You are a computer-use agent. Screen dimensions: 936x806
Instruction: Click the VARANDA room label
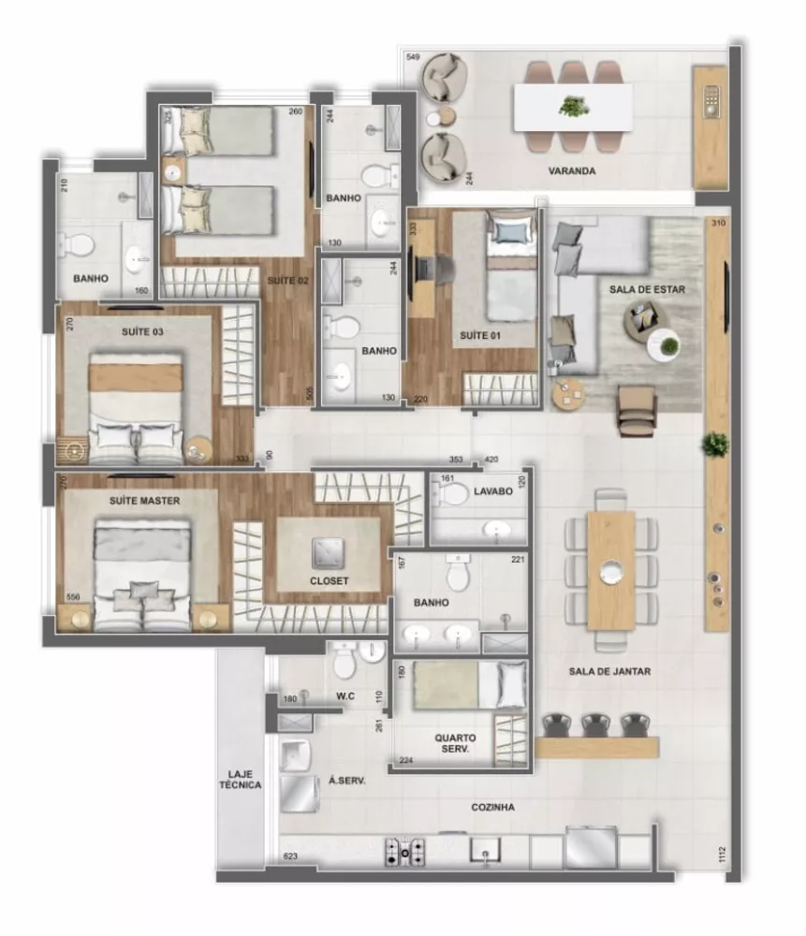tap(573, 172)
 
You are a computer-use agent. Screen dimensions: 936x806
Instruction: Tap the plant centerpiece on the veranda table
tap(573, 106)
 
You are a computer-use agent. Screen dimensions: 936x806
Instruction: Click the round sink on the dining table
tap(610, 569)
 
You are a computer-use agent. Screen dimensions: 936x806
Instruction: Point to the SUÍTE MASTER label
tap(144, 501)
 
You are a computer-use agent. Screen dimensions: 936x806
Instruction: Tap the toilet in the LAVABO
tap(457, 493)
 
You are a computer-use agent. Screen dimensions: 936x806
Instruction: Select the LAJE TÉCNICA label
tap(241, 780)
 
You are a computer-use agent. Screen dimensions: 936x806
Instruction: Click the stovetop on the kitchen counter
tap(404, 852)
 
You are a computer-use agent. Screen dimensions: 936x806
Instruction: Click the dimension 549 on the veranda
tap(412, 58)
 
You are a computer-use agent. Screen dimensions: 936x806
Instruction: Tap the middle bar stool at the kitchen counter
tap(595, 724)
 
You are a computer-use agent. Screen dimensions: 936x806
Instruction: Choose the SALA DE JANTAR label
tap(609, 671)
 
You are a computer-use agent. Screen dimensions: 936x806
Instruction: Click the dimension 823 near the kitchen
tap(290, 856)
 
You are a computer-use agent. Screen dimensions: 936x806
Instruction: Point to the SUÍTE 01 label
tap(479, 334)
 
